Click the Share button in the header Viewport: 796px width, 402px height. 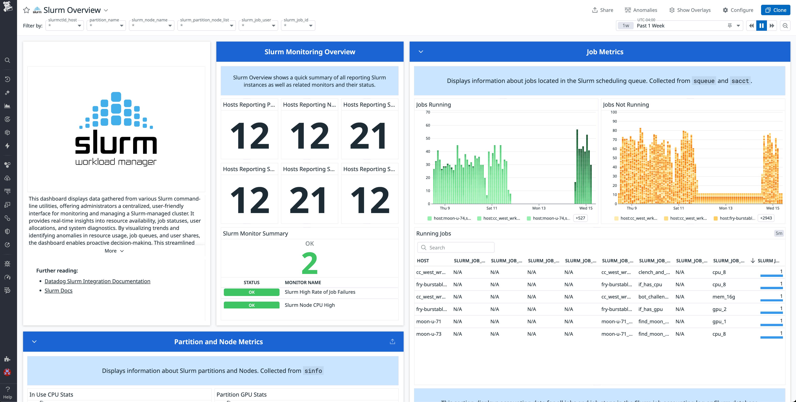603,10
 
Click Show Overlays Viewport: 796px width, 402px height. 690,10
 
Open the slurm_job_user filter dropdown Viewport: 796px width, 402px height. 258,25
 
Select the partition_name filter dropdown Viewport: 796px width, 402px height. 106,25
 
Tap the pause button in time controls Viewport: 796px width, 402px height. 761,26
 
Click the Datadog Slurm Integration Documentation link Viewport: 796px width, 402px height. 97,281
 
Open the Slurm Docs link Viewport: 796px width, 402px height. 58,290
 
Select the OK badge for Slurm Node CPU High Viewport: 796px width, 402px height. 251,305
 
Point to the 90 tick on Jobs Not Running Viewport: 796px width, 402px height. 615,121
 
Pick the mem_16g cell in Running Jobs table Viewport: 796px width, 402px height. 723,297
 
